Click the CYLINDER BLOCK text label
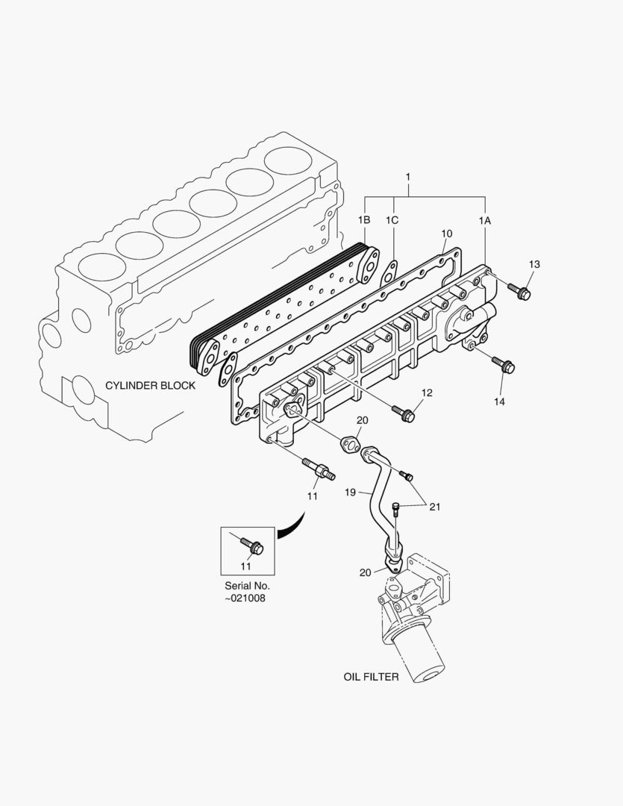(150, 386)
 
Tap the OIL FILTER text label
(371, 677)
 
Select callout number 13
(534, 265)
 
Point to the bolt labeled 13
(519, 291)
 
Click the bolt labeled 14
(503, 365)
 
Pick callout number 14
(498, 402)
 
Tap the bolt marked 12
(404, 413)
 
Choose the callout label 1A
(485, 220)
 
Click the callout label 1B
(363, 220)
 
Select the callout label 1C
(392, 220)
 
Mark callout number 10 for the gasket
(447, 234)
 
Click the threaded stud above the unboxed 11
(318, 471)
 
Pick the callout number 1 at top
(408, 177)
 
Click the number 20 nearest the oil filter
(365, 573)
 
